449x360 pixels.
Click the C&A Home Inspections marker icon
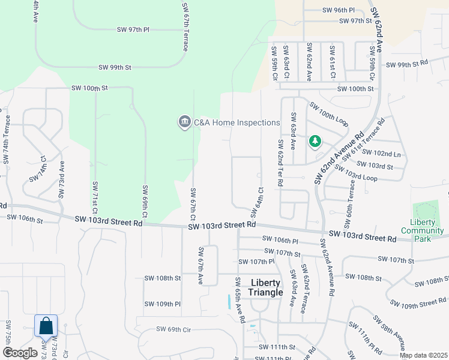[x=184, y=122]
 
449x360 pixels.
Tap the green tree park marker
[x=315, y=142]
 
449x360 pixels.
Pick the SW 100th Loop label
[x=329, y=113]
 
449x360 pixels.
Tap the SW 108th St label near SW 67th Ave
[x=162, y=278]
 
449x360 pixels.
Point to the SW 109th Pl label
[x=163, y=304]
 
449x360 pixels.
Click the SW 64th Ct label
[x=256, y=202]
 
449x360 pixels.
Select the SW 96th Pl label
[x=339, y=10]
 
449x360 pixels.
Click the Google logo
[x=20, y=353]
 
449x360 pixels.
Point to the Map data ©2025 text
[x=423, y=355]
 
